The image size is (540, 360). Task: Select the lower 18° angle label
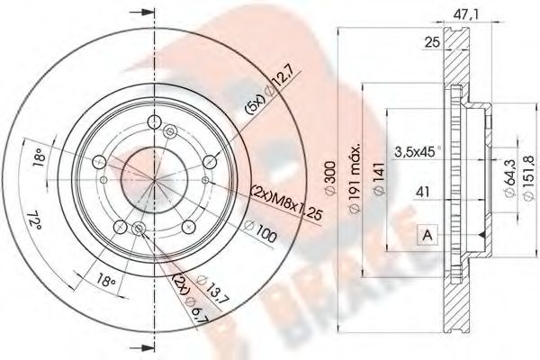point(106,282)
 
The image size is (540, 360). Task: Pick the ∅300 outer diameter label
point(337,185)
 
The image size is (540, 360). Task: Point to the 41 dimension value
point(423,190)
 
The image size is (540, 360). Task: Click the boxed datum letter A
point(426,237)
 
